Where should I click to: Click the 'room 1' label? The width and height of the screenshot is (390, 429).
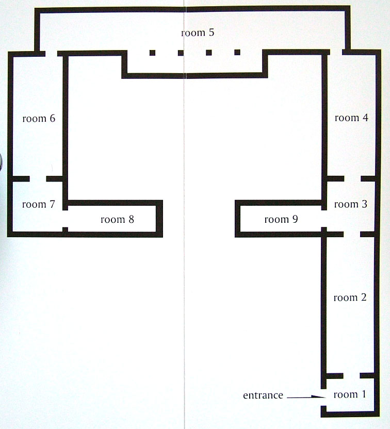point(350,394)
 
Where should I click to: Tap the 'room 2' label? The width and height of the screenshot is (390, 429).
point(350,298)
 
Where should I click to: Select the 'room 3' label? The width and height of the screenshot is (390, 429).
point(351,204)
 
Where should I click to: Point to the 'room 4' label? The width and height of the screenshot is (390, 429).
point(351,118)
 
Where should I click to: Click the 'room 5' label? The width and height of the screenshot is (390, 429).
point(198,32)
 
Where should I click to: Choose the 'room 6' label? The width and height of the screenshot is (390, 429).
point(39,118)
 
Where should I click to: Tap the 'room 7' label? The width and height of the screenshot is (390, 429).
point(39,204)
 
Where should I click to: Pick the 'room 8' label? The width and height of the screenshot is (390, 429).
point(118,219)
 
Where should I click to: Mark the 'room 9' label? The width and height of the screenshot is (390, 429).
point(281,219)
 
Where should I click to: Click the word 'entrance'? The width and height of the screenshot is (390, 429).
point(263,395)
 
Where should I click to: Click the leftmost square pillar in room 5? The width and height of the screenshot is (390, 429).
point(153,53)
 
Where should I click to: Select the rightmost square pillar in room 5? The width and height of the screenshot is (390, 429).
point(237,52)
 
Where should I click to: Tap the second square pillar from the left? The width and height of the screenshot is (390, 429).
point(181,53)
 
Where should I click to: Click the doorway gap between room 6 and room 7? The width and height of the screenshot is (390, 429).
point(38,179)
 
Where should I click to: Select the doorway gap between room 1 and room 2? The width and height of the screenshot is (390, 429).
point(351,376)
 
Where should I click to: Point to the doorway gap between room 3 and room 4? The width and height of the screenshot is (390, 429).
point(352,178)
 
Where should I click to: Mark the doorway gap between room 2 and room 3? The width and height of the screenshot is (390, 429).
point(352,234)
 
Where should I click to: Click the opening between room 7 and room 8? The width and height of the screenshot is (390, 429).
point(65,219)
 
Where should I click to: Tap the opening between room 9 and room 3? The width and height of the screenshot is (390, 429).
point(324,219)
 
